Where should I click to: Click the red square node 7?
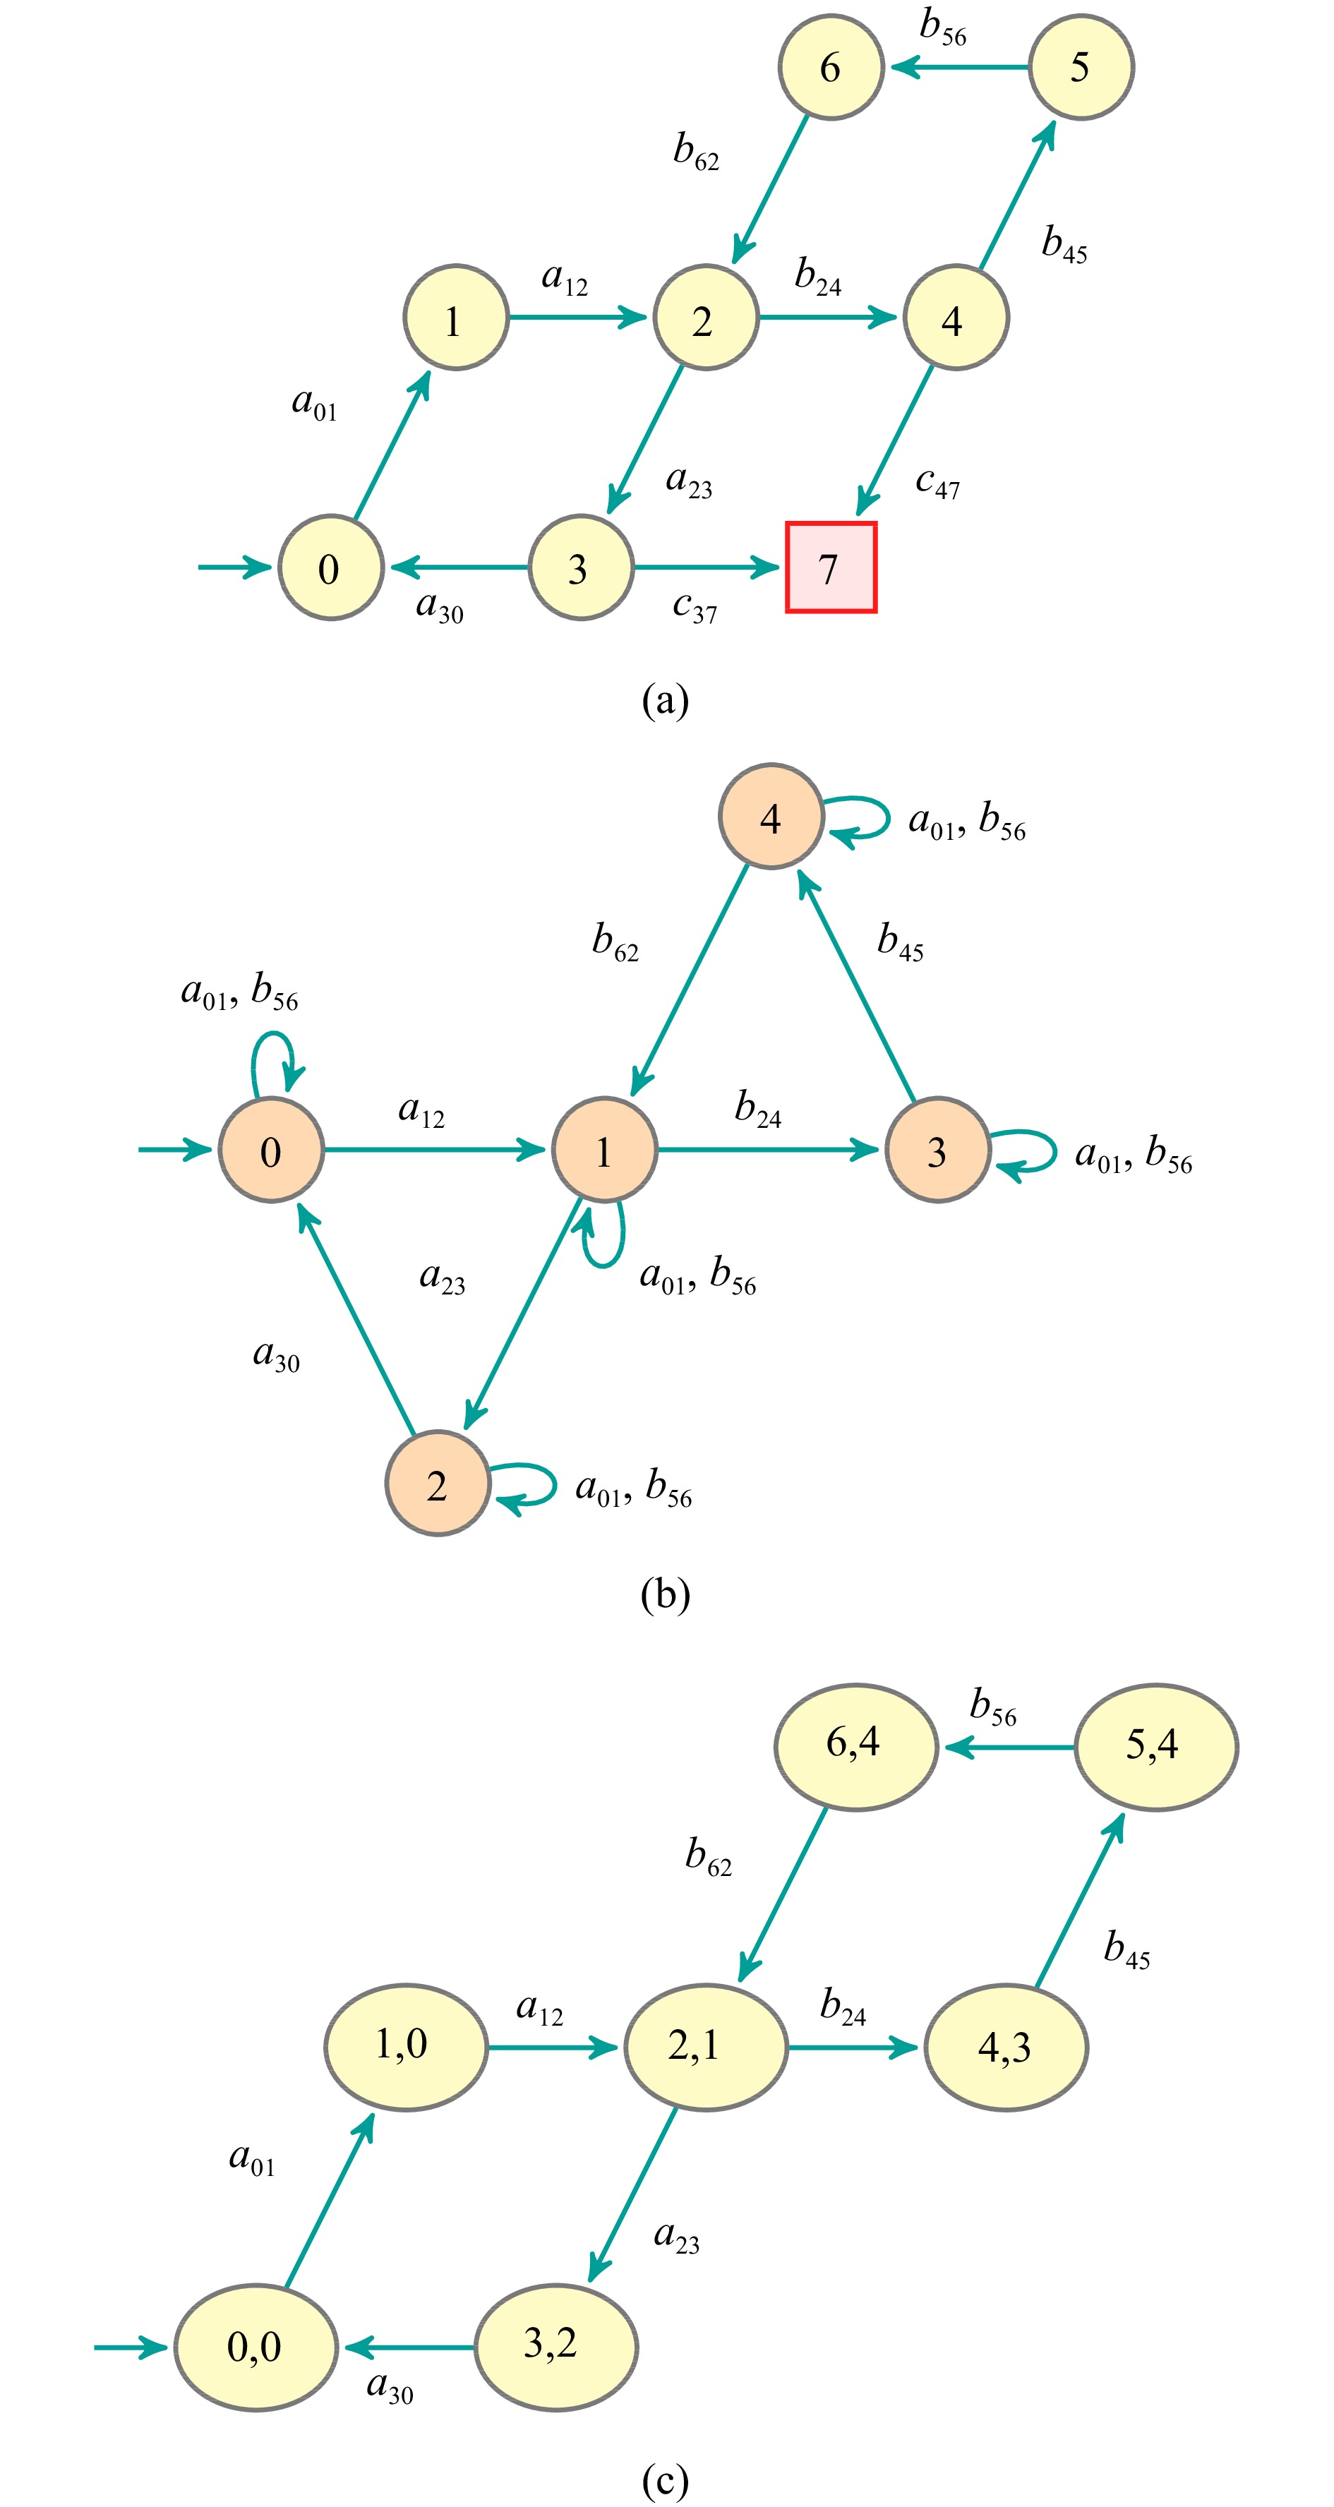pos(831,567)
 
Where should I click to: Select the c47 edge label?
pos(937,483)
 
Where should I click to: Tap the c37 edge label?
pos(695,607)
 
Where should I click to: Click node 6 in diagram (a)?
pos(830,67)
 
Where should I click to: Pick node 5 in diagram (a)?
pos(1080,67)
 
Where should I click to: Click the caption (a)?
pos(666,699)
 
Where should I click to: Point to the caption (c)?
pos(666,2479)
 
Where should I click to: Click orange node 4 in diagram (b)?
pos(771,817)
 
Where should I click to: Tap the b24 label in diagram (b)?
pos(758,1110)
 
